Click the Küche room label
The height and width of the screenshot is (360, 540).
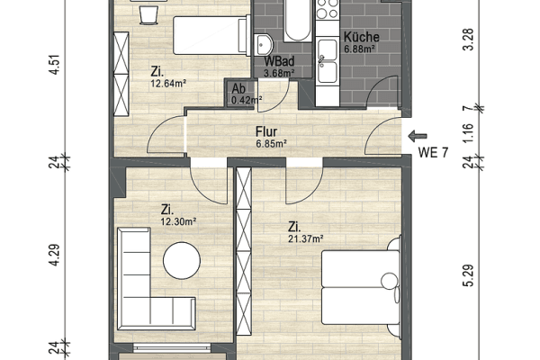click(x=362, y=38)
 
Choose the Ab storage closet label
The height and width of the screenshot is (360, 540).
click(x=238, y=88)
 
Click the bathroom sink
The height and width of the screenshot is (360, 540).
click(x=264, y=43)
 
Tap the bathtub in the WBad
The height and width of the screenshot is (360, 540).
click(x=296, y=22)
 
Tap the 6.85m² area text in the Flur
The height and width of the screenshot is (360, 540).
click(x=271, y=143)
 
